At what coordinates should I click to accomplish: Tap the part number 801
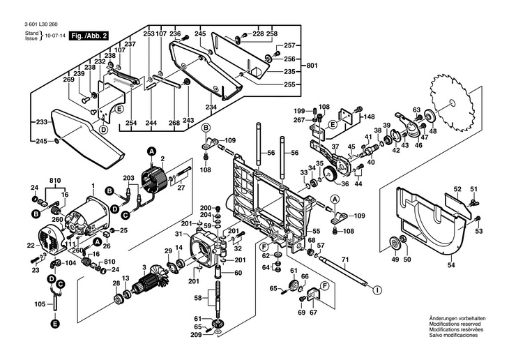tap(312, 66)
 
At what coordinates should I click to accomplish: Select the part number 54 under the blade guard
tap(451, 265)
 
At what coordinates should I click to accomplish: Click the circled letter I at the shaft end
tap(377, 290)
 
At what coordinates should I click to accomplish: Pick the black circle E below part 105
tap(55, 323)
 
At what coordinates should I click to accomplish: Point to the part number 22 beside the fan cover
tap(31, 246)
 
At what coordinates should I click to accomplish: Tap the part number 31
tap(178, 234)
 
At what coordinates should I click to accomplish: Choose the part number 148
tap(369, 117)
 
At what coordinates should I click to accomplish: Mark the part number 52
tap(457, 189)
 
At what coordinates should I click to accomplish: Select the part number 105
tap(40, 304)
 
